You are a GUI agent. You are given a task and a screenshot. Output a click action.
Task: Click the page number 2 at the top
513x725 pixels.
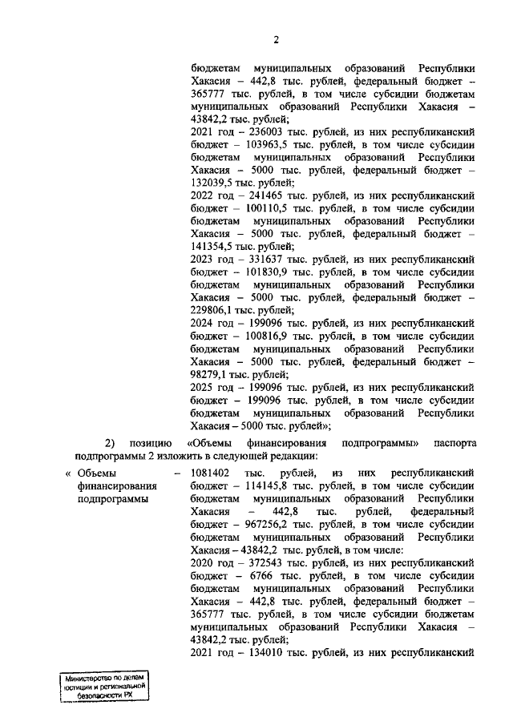click(275, 40)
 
